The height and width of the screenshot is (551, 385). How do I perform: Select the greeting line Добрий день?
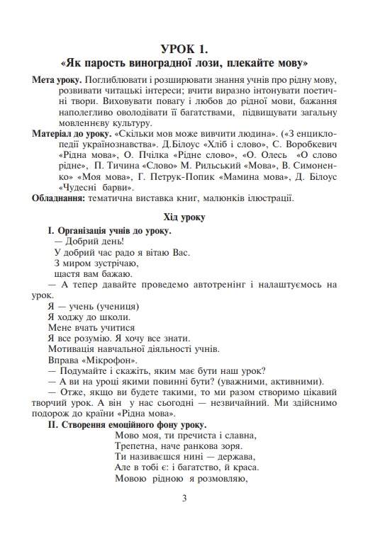tap(89, 241)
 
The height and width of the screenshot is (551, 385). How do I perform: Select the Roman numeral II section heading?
tap(127, 424)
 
